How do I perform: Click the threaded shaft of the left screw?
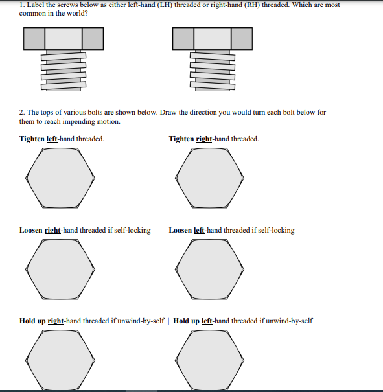63,70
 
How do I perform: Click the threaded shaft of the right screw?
212,70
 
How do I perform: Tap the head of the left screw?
63,39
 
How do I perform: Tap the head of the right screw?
213,39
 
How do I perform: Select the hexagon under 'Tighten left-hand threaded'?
60,179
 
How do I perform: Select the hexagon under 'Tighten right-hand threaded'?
211,179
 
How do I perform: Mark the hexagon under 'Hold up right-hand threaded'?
60,360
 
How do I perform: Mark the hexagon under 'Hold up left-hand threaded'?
211,360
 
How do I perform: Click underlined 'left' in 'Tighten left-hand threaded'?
52,139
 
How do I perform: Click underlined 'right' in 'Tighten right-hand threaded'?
204,139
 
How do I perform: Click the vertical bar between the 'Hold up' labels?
169,321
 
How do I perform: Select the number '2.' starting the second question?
22,112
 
